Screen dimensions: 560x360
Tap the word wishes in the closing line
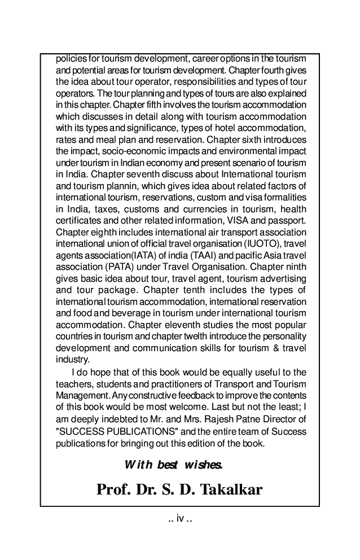tap(203, 465)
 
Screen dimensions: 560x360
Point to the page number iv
tap(181, 518)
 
